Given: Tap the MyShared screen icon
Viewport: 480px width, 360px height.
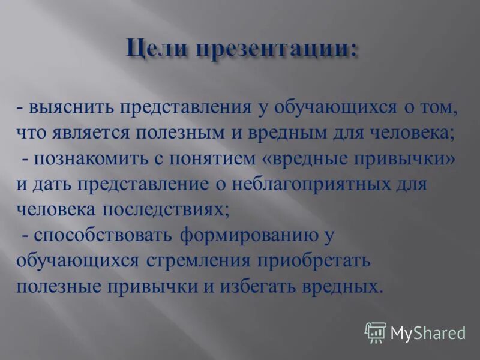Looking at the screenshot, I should [x=376, y=332].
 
